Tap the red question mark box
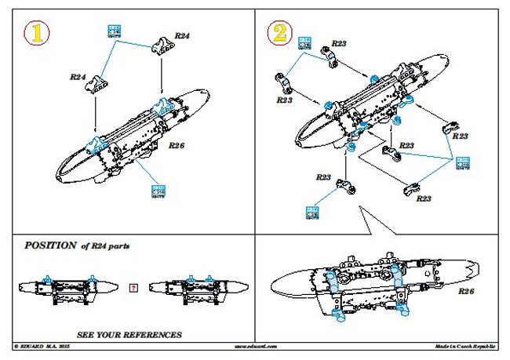tap(133, 287)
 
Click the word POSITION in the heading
tap(50, 245)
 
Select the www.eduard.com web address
tap(255, 346)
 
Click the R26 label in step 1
tap(176, 146)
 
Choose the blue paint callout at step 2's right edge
tap(461, 163)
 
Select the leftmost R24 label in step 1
tap(78, 78)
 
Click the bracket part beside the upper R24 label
tap(161, 45)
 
